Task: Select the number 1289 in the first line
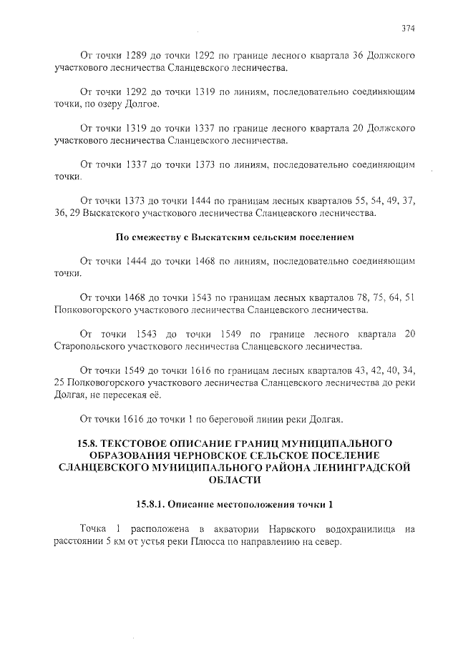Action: coord(137,55)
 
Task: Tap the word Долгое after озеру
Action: coord(147,105)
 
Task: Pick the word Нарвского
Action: coord(270,528)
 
